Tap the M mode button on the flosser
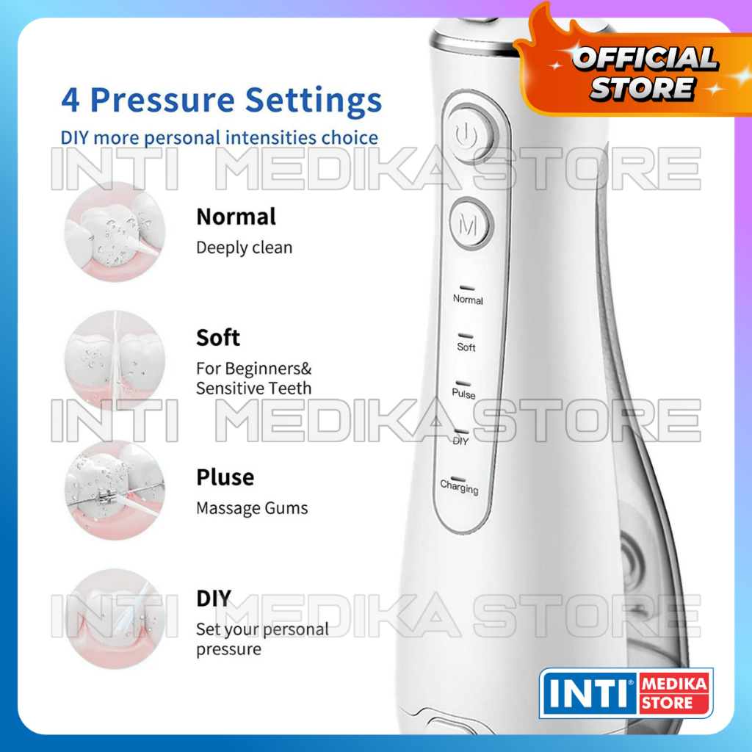[x=471, y=223]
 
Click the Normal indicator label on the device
[x=468, y=300]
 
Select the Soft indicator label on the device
[x=466, y=347]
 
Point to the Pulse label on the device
[x=463, y=394]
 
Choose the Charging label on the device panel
[x=459, y=487]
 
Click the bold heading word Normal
[x=236, y=217]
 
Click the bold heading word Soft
[x=217, y=338]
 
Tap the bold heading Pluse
[x=225, y=477]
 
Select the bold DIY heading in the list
[x=214, y=598]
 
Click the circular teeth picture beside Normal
[x=115, y=231]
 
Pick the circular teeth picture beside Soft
[x=115, y=360]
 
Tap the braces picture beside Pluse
[x=115, y=490]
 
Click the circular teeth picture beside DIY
[x=115, y=618]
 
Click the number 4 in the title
[x=70, y=100]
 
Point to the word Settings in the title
[x=314, y=101]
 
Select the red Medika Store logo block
[x=674, y=693]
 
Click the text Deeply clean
[x=244, y=248]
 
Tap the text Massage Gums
[x=252, y=508]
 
